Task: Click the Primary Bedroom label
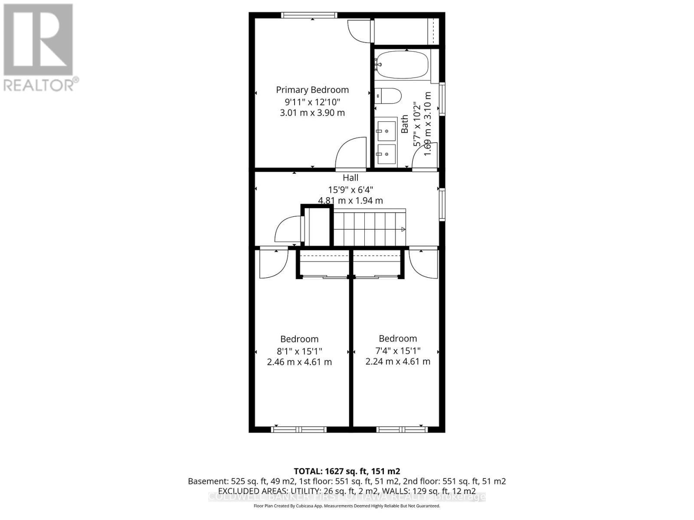(x=312, y=90)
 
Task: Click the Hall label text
(x=350, y=178)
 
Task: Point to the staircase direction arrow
(x=403, y=229)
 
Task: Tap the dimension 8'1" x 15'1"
(x=299, y=351)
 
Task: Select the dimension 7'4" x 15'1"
(x=398, y=350)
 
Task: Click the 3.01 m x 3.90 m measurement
(x=312, y=113)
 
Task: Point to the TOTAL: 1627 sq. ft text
(x=347, y=471)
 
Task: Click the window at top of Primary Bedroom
(x=308, y=15)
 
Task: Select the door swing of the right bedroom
(x=423, y=262)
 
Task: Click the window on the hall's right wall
(x=442, y=204)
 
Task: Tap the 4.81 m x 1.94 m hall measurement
(x=350, y=201)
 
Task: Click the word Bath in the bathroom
(x=405, y=124)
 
